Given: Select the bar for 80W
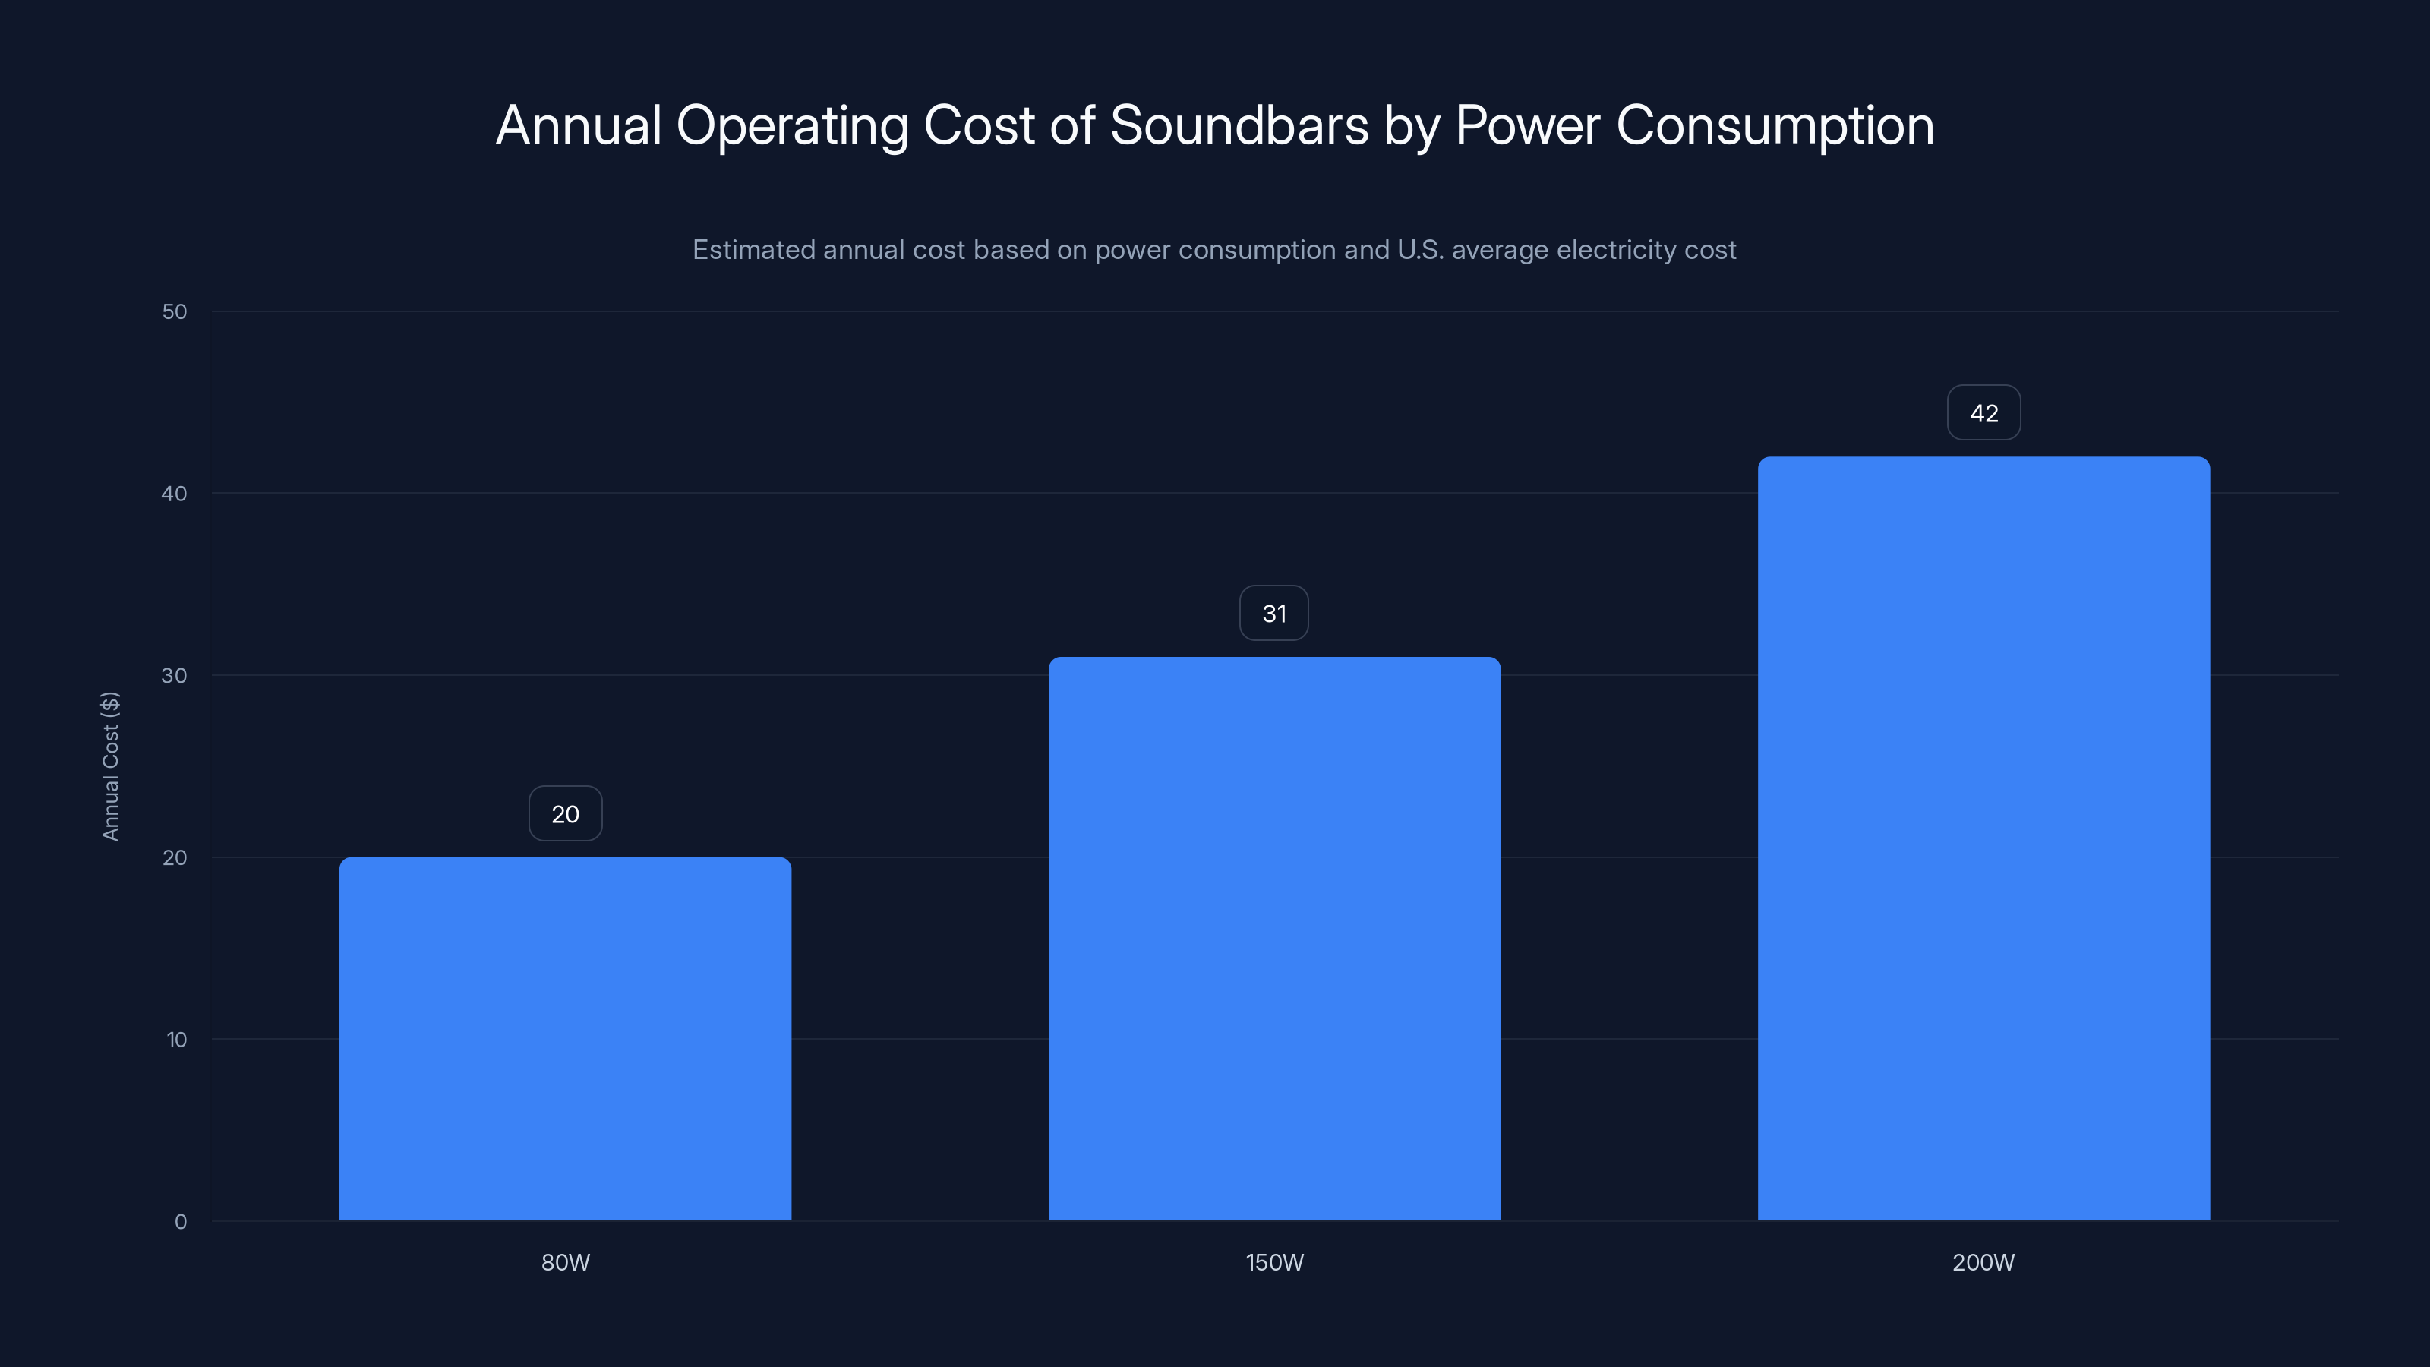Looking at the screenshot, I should (565, 1039).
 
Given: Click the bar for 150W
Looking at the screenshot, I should (1274, 939).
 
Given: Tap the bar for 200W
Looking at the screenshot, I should (1983, 838).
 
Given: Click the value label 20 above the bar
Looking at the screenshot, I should (565, 814).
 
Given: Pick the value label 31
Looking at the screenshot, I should (1274, 613).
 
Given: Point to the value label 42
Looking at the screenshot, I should (1983, 413).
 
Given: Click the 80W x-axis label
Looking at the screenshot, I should (565, 1262).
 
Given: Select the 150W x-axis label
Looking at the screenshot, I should (1274, 1262).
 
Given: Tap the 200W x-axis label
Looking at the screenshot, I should (1983, 1262).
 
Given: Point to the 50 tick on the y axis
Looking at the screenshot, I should (175, 311).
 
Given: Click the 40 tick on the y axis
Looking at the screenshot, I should (175, 494).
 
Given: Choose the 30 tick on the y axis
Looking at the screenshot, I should (175, 675).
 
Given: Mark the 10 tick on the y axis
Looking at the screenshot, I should (176, 1040).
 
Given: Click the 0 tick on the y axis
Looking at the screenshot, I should (180, 1222).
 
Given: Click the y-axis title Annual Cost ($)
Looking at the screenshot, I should (110, 766).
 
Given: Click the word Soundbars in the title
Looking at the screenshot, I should (1239, 125).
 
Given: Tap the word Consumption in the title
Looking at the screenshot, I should (1775, 125).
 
